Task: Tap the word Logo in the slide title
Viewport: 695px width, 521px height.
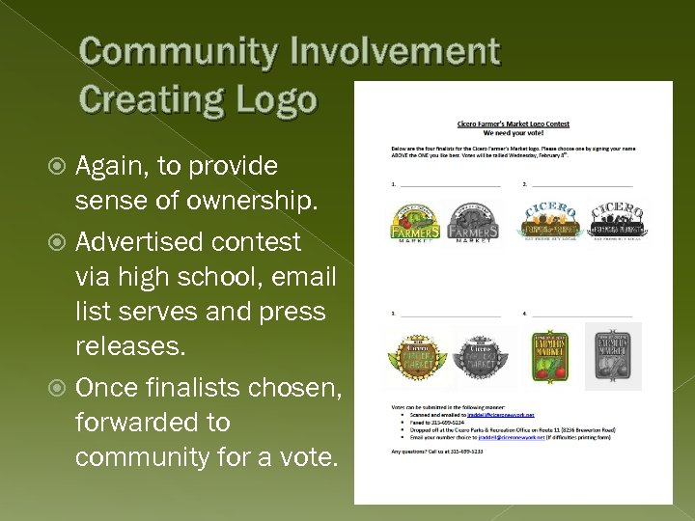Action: point(275,98)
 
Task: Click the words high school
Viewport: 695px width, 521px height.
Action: point(176,277)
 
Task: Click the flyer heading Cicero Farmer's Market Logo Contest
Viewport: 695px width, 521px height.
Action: point(513,123)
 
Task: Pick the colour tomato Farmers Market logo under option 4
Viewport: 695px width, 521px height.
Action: point(552,355)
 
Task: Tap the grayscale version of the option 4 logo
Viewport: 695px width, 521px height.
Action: point(612,355)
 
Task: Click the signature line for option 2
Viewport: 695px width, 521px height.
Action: point(579,183)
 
